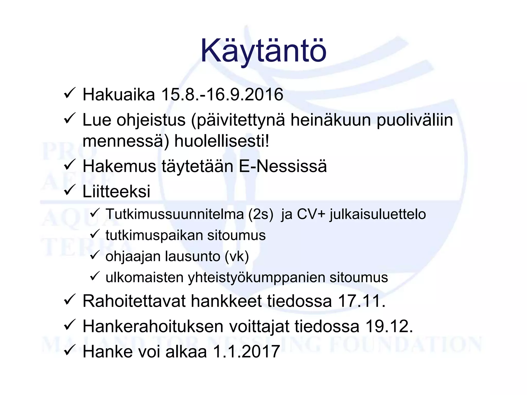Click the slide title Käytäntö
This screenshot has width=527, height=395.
263,51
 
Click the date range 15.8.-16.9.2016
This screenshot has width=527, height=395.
222,94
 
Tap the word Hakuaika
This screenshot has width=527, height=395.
119,94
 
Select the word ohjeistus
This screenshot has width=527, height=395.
151,120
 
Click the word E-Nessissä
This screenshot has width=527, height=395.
283,166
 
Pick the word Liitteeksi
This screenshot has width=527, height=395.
116,191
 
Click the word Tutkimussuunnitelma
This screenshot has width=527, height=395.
175,214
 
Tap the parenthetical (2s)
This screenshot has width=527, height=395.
261,214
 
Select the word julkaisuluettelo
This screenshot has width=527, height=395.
378,214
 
